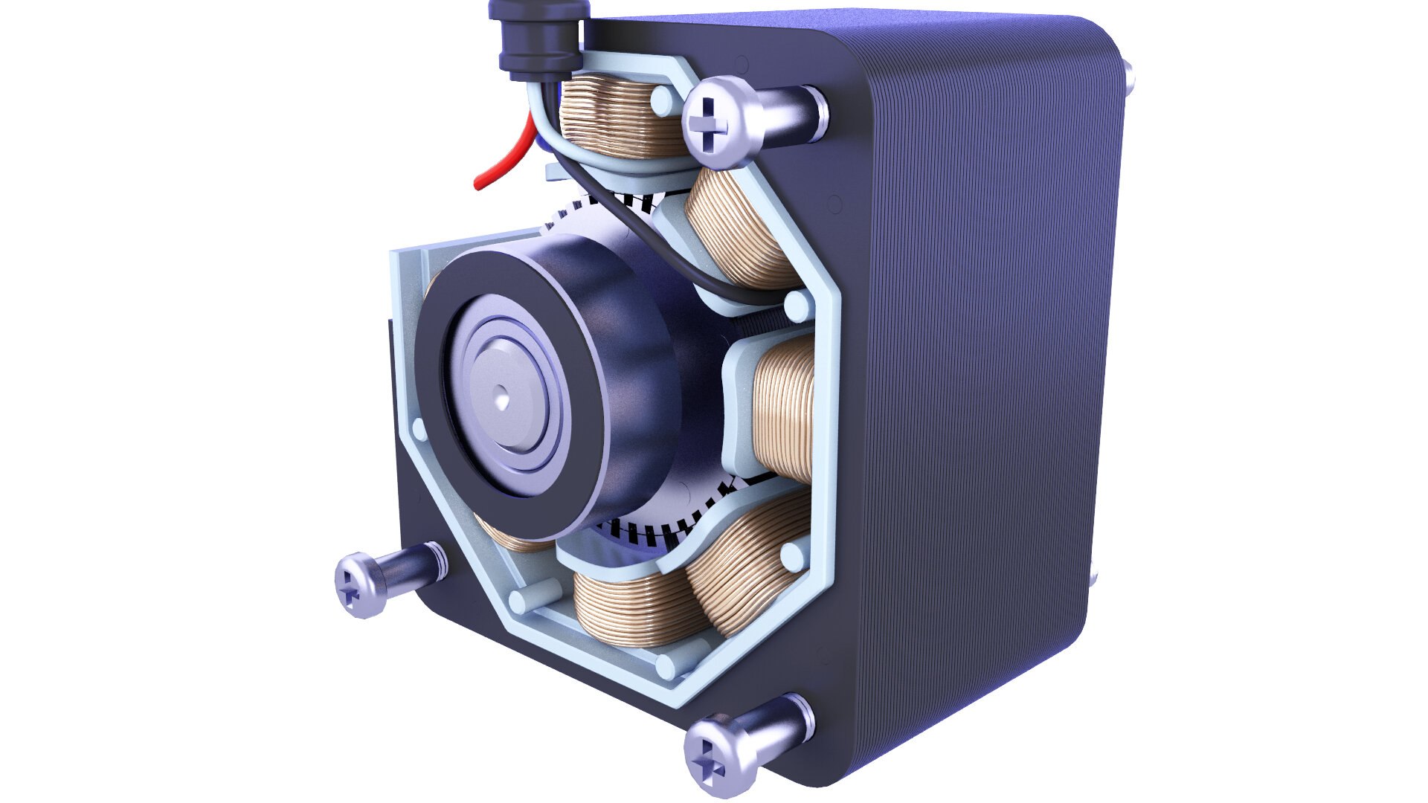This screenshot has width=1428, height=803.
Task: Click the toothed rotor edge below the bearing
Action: tap(654, 532)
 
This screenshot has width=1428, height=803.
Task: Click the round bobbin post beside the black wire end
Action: tap(797, 302)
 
